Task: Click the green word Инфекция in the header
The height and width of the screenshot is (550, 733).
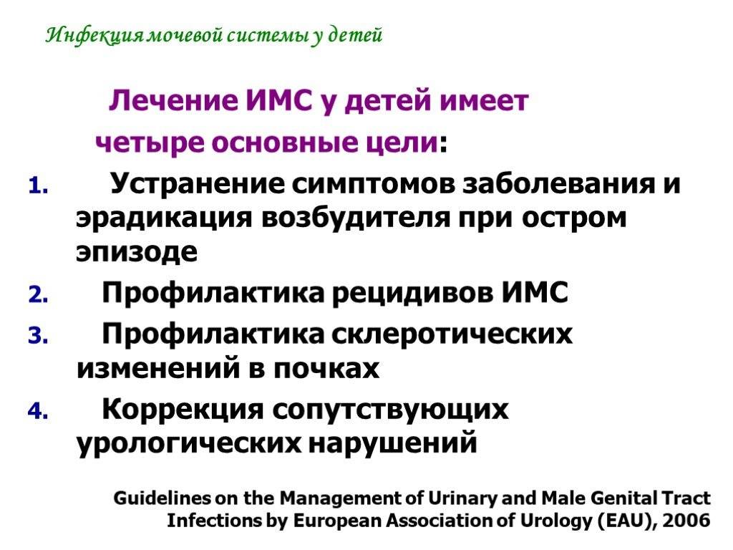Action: pyautogui.click(x=95, y=35)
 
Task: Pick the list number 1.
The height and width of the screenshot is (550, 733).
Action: pyautogui.click(x=38, y=186)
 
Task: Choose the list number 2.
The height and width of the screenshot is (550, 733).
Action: pyautogui.click(x=38, y=295)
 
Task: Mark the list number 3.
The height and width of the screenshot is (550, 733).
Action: pyautogui.click(x=38, y=336)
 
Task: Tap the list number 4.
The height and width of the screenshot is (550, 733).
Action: pyautogui.click(x=38, y=412)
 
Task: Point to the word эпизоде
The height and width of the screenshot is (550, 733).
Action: pyautogui.click(x=137, y=252)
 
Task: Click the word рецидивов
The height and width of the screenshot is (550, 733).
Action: pyautogui.click(x=413, y=293)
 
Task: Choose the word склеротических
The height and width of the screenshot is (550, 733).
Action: pyautogui.click(x=452, y=334)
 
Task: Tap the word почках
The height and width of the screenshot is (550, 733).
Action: pyautogui.click(x=326, y=368)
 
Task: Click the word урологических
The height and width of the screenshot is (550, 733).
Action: pyautogui.click(x=189, y=443)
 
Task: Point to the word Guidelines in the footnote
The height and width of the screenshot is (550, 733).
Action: pyautogui.click(x=162, y=498)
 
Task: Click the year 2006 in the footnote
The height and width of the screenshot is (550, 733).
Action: pyautogui.click(x=686, y=520)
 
